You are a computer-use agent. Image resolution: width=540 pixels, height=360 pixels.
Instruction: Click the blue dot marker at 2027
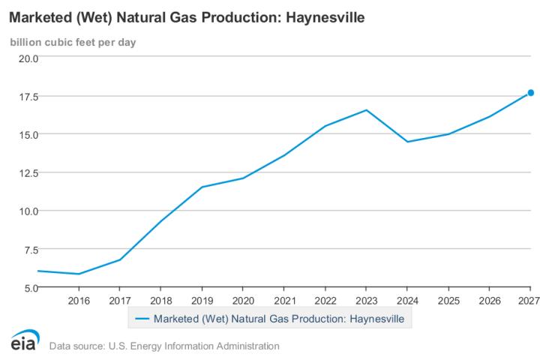point(530,93)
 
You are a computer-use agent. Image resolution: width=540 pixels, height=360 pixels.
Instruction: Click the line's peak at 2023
point(366,110)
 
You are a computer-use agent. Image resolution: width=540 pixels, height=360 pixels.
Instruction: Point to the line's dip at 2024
point(407,142)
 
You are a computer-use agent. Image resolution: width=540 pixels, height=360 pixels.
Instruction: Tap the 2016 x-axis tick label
point(79,300)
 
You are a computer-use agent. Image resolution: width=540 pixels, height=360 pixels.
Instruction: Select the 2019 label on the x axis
point(202,300)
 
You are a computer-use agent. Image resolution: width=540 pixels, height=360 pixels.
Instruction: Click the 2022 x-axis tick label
point(325,300)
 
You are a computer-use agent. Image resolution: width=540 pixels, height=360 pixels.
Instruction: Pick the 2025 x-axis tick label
point(448,300)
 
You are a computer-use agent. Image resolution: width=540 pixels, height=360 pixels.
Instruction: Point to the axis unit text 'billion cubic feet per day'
point(73,40)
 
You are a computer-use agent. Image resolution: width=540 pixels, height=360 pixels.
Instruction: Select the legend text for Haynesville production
point(278,318)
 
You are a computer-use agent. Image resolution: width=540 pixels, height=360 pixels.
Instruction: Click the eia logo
point(25,341)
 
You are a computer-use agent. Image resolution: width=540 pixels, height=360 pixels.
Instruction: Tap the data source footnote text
point(164,346)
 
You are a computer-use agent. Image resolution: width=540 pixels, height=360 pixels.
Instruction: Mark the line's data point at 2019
point(202,187)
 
